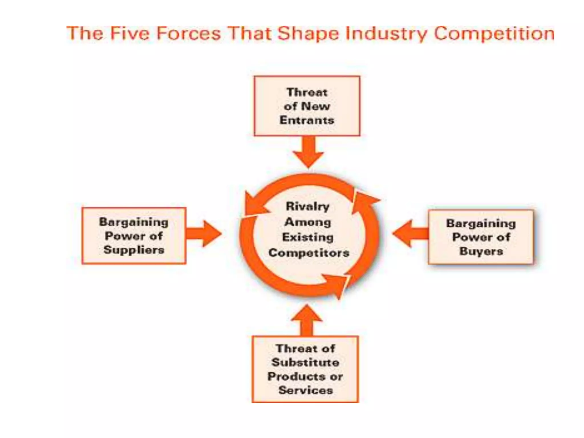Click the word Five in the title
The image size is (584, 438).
tap(129, 34)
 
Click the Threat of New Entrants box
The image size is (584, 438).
tap(307, 106)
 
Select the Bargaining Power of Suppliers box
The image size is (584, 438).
tap(134, 236)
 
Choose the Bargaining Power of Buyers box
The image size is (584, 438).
tap(481, 237)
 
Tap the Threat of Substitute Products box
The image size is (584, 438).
tap(305, 369)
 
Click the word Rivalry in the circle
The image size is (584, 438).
tap(307, 206)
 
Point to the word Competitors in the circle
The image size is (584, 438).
tap(309, 253)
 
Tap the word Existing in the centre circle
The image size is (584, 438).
tap(308, 237)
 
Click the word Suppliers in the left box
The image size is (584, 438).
tap(134, 250)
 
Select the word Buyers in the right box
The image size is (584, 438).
tap(481, 251)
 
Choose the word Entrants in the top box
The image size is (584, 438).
tap(307, 120)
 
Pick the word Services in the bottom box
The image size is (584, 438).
tap(306, 390)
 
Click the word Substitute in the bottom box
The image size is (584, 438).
tap(305, 362)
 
